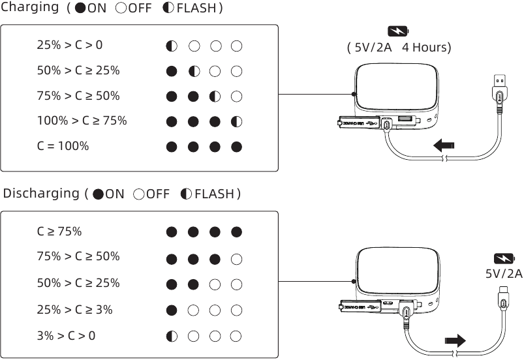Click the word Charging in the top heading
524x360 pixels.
[x=30, y=8]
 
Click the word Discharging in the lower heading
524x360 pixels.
[x=41, y=194]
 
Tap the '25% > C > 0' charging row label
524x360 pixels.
[x=69, y=46]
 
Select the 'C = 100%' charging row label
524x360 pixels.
[x=63, y=146]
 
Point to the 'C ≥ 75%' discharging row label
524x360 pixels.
[x=59, y=232]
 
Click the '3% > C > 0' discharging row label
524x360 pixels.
[x=66, y=336]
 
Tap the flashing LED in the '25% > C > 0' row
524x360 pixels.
[x=172, y=46]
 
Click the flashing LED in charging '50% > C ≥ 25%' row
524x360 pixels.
[x=194, y=71]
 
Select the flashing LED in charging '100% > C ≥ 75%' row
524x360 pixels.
[x=237, y=121]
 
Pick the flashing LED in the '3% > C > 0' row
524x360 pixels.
[x=172, y=337]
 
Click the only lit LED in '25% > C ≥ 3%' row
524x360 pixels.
[x=172, y=310]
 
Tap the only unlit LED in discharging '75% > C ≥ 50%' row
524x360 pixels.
[x=237, y=258]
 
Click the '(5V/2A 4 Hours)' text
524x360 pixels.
[x=399, y=47]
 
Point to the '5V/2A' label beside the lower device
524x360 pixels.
[x=504, y=273]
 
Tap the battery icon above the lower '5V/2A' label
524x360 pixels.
[x=504, y=258]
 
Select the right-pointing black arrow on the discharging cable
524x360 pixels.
[x=455, y=340]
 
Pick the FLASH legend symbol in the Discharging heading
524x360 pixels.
[x=187, y=194]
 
